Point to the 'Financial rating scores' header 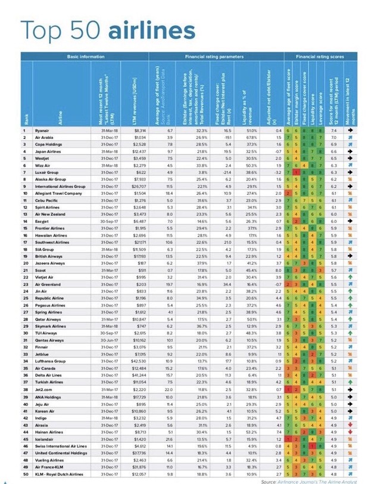(321, 55)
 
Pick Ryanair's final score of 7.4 (334, 130)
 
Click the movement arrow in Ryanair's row (351, 130)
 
